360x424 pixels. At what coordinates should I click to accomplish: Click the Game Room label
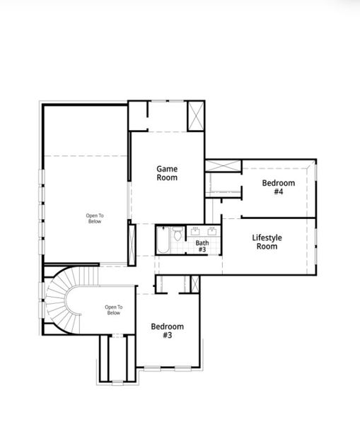167,173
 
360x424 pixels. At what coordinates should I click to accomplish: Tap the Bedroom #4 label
278,187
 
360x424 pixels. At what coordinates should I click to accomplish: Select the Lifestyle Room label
267,242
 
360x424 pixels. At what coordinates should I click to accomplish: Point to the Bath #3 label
202,246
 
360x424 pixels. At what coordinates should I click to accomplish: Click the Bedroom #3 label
167,331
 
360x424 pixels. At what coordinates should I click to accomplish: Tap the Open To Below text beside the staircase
113,310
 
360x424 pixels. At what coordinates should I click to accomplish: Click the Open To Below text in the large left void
94,218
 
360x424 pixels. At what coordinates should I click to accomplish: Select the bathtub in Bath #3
163,242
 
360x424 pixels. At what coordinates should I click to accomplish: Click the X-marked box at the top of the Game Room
195,116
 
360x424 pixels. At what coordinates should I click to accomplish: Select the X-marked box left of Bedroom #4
223,167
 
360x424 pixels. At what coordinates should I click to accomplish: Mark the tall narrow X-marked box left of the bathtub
132,243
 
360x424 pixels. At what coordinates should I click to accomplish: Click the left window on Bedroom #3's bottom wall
153,367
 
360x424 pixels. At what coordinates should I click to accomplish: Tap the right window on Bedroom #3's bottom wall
181,367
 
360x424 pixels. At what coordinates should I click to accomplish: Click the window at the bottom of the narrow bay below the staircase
117,382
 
